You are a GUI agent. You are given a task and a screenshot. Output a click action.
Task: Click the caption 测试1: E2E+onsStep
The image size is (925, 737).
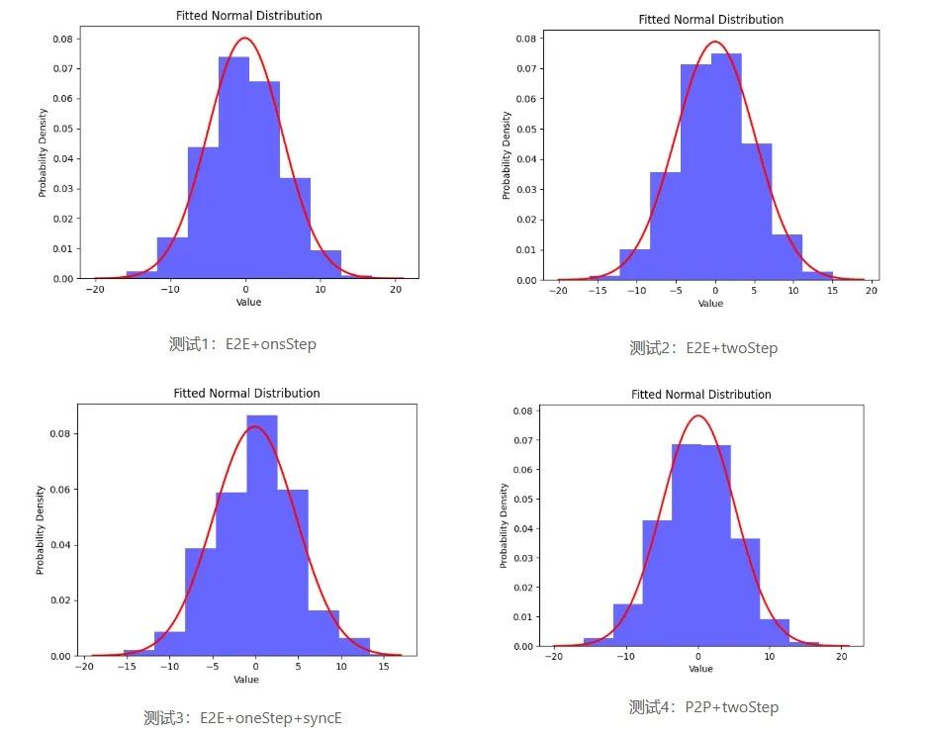coord(242,344)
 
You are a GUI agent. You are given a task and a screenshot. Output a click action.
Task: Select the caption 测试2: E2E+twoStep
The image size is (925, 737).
coord(703,347)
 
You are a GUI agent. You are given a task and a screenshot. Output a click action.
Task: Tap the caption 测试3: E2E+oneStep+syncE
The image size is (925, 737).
coord(242,717)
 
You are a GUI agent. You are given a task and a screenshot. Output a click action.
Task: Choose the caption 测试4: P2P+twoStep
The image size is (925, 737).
coord(703,706)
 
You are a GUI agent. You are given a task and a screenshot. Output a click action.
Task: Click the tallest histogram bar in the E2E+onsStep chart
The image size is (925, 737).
coord(233,167)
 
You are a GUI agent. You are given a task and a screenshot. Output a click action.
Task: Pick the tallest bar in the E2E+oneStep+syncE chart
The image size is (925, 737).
coord(261,534)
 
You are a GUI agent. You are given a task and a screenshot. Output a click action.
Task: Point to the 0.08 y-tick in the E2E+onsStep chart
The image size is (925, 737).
coord(61,39)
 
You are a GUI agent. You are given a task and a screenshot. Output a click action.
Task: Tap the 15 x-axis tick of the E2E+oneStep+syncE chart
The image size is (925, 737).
coord(369,667)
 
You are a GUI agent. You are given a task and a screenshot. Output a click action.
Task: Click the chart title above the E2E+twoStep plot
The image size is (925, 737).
coord(710,20)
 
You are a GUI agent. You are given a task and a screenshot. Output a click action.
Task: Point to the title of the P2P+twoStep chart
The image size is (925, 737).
coord(700,395)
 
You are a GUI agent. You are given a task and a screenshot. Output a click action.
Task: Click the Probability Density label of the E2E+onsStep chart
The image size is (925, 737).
coord(43,158)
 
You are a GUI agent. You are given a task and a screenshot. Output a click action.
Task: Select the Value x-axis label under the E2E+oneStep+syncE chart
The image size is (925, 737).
coord(246,680)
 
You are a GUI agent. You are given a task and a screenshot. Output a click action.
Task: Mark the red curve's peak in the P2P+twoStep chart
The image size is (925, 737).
coord(698,415)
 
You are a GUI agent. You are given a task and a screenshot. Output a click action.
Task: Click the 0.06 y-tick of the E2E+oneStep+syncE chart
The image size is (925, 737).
coord(58,490)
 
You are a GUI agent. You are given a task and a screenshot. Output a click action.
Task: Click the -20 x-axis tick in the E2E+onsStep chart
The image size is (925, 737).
coord(95,290)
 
